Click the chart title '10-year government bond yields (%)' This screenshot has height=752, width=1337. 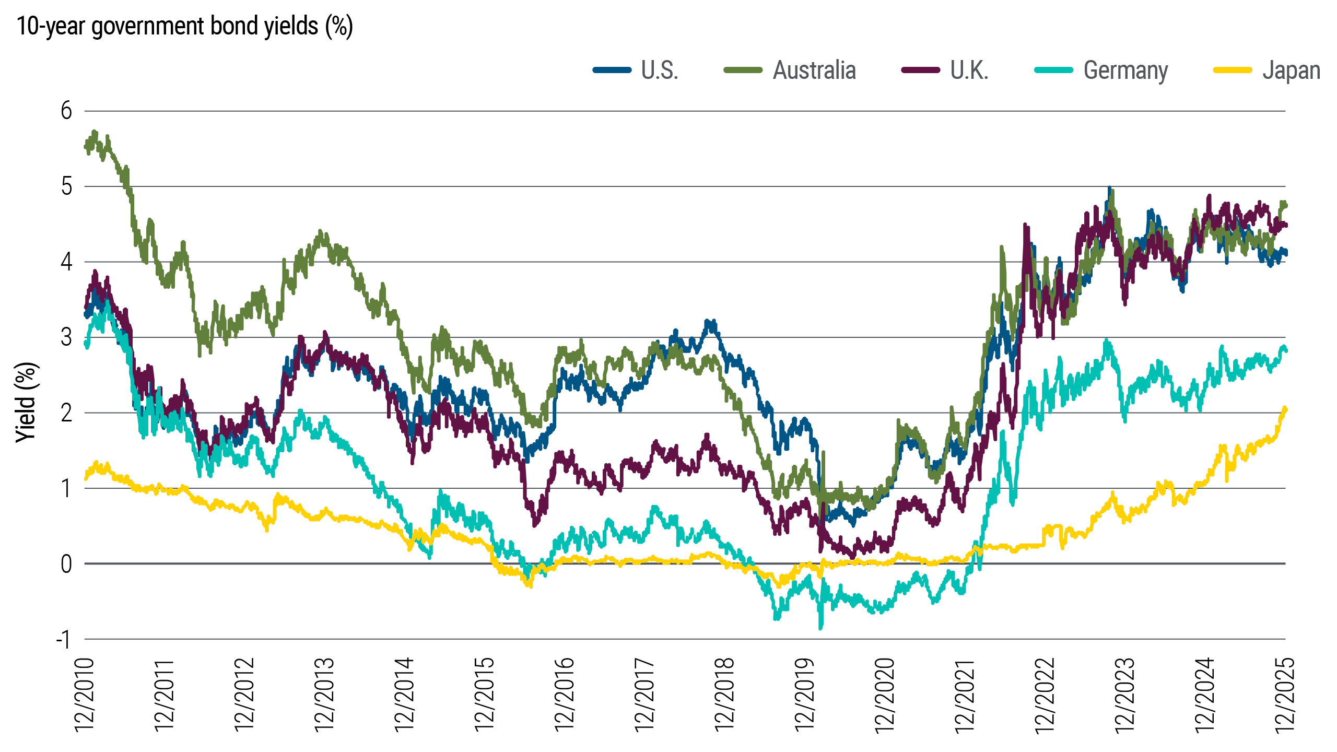coord(185,26)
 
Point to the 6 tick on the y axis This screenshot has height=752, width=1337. coord(66,111)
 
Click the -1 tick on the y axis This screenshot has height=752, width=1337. coord(63,639)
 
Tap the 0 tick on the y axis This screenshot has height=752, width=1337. coord(66,564)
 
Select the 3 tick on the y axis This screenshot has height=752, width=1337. coord(66,337)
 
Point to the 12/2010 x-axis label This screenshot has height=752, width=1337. coord(85,695)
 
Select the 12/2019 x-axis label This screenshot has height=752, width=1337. coord(805,695)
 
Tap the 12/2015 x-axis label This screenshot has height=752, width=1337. coord(485,695)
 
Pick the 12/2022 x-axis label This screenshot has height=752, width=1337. coord(1045,695)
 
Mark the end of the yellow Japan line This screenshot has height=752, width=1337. coord(1285,409)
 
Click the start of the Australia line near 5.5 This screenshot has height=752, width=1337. coord(86,147)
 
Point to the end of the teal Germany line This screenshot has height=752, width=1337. coord(1285,350)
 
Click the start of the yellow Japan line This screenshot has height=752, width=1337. coord(86,478)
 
